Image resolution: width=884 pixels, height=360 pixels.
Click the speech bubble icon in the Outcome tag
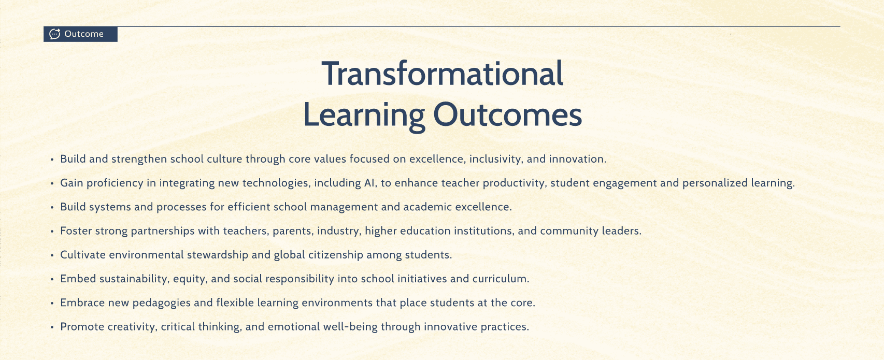pos(54,34)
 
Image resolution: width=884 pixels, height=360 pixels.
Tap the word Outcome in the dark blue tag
pos(84,34)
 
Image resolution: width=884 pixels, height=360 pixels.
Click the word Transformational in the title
pos(443,74)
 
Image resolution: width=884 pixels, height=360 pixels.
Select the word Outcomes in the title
pos(507,115)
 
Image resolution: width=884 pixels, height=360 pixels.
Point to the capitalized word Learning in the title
pos(364,117)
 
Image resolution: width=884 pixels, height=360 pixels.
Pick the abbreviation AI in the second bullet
pos(368,183)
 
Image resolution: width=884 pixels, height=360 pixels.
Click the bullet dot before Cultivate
pos(52,255)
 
